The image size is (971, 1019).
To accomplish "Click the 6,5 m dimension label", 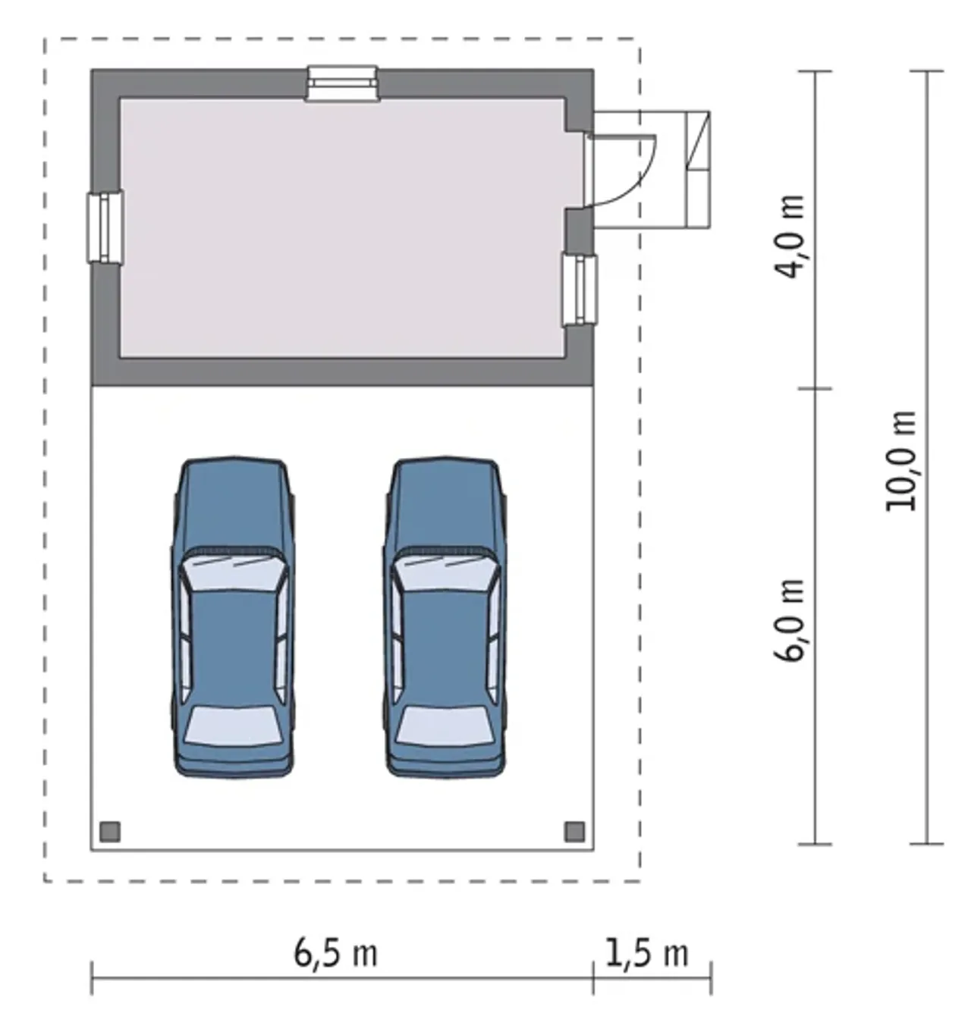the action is click(x=335, y=952).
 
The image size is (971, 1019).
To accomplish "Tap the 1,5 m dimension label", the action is click(x=647, y=952).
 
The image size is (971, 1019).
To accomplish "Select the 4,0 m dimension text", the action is click(x=789, y=237).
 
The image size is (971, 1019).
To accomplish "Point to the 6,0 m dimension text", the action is click(x=789, y=620).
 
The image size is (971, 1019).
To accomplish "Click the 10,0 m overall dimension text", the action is click(x=901, y=460).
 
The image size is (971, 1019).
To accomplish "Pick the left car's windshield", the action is click(x=234, y=572).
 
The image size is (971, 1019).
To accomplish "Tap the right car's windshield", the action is click(x=445, y=572).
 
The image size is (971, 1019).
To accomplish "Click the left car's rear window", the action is click(x=234, y=726).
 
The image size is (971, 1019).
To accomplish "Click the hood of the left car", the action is click(x=234, y=503).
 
